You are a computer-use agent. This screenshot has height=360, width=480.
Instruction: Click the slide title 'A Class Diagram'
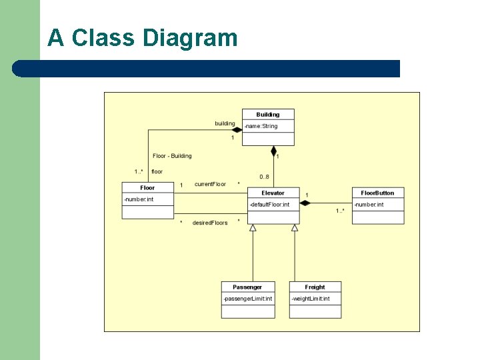(142, 38)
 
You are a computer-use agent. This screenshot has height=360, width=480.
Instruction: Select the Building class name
(267, 115)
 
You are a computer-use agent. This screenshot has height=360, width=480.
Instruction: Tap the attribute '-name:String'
(261, 126)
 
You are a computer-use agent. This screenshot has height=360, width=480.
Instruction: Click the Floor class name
(147, 188)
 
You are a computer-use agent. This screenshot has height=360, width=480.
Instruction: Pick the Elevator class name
(273, 193)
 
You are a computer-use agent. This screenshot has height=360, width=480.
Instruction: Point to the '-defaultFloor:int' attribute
(270, 204)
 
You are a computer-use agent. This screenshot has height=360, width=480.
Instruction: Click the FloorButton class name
(378, 193)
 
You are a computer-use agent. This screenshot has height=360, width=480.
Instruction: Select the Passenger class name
(247, 287)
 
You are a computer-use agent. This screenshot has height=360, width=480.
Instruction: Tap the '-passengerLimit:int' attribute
(247, 299)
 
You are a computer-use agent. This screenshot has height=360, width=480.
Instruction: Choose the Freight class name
(315, 287)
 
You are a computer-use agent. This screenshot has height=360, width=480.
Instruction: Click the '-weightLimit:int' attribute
(310, 299)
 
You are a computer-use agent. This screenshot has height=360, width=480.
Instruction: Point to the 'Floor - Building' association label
(172, 156)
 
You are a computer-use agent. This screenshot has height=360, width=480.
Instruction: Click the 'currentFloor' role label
(210, 184)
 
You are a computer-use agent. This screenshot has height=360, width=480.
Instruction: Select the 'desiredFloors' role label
(210, 223)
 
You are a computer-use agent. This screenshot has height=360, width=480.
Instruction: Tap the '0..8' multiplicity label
(264, 177)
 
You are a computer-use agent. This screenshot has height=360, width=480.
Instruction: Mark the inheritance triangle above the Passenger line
(253, 228)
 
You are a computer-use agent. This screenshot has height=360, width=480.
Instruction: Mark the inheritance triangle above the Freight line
(295, 228)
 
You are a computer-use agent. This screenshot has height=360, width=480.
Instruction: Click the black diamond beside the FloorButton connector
(305, 203)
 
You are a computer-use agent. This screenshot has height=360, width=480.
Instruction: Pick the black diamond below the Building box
(273, 151)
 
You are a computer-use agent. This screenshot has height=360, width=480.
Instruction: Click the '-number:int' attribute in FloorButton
(369, 205)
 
